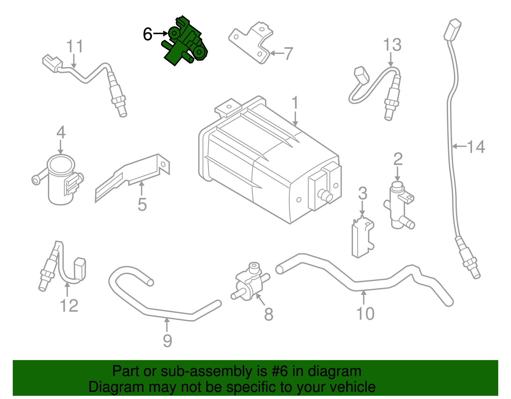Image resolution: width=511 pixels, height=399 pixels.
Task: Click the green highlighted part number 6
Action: pyautogui.click(x=185, y=43)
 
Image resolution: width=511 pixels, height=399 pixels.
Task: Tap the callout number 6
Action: pyautogui.click(x=148, y=34)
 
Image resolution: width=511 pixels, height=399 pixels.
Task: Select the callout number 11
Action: pyautogui.click(x=75, y=46)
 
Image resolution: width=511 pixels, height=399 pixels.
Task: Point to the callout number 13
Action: pyautogui.click(x=392, y=45)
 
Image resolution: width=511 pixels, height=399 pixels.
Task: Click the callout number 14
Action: pyautogui.click(x=476, y=147)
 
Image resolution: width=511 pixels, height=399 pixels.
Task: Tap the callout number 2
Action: pyautogui.click(x=398, y=159)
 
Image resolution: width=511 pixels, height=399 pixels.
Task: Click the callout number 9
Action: pyautogui.click(x=167, y=341)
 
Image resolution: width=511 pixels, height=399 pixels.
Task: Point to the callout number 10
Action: pyautogui.click(x=365, y=314)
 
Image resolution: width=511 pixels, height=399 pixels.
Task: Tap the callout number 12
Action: pyautogui.click(x=69, y=306)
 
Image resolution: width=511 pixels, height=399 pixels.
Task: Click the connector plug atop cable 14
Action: pyautogui.click(x=453, y=29)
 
